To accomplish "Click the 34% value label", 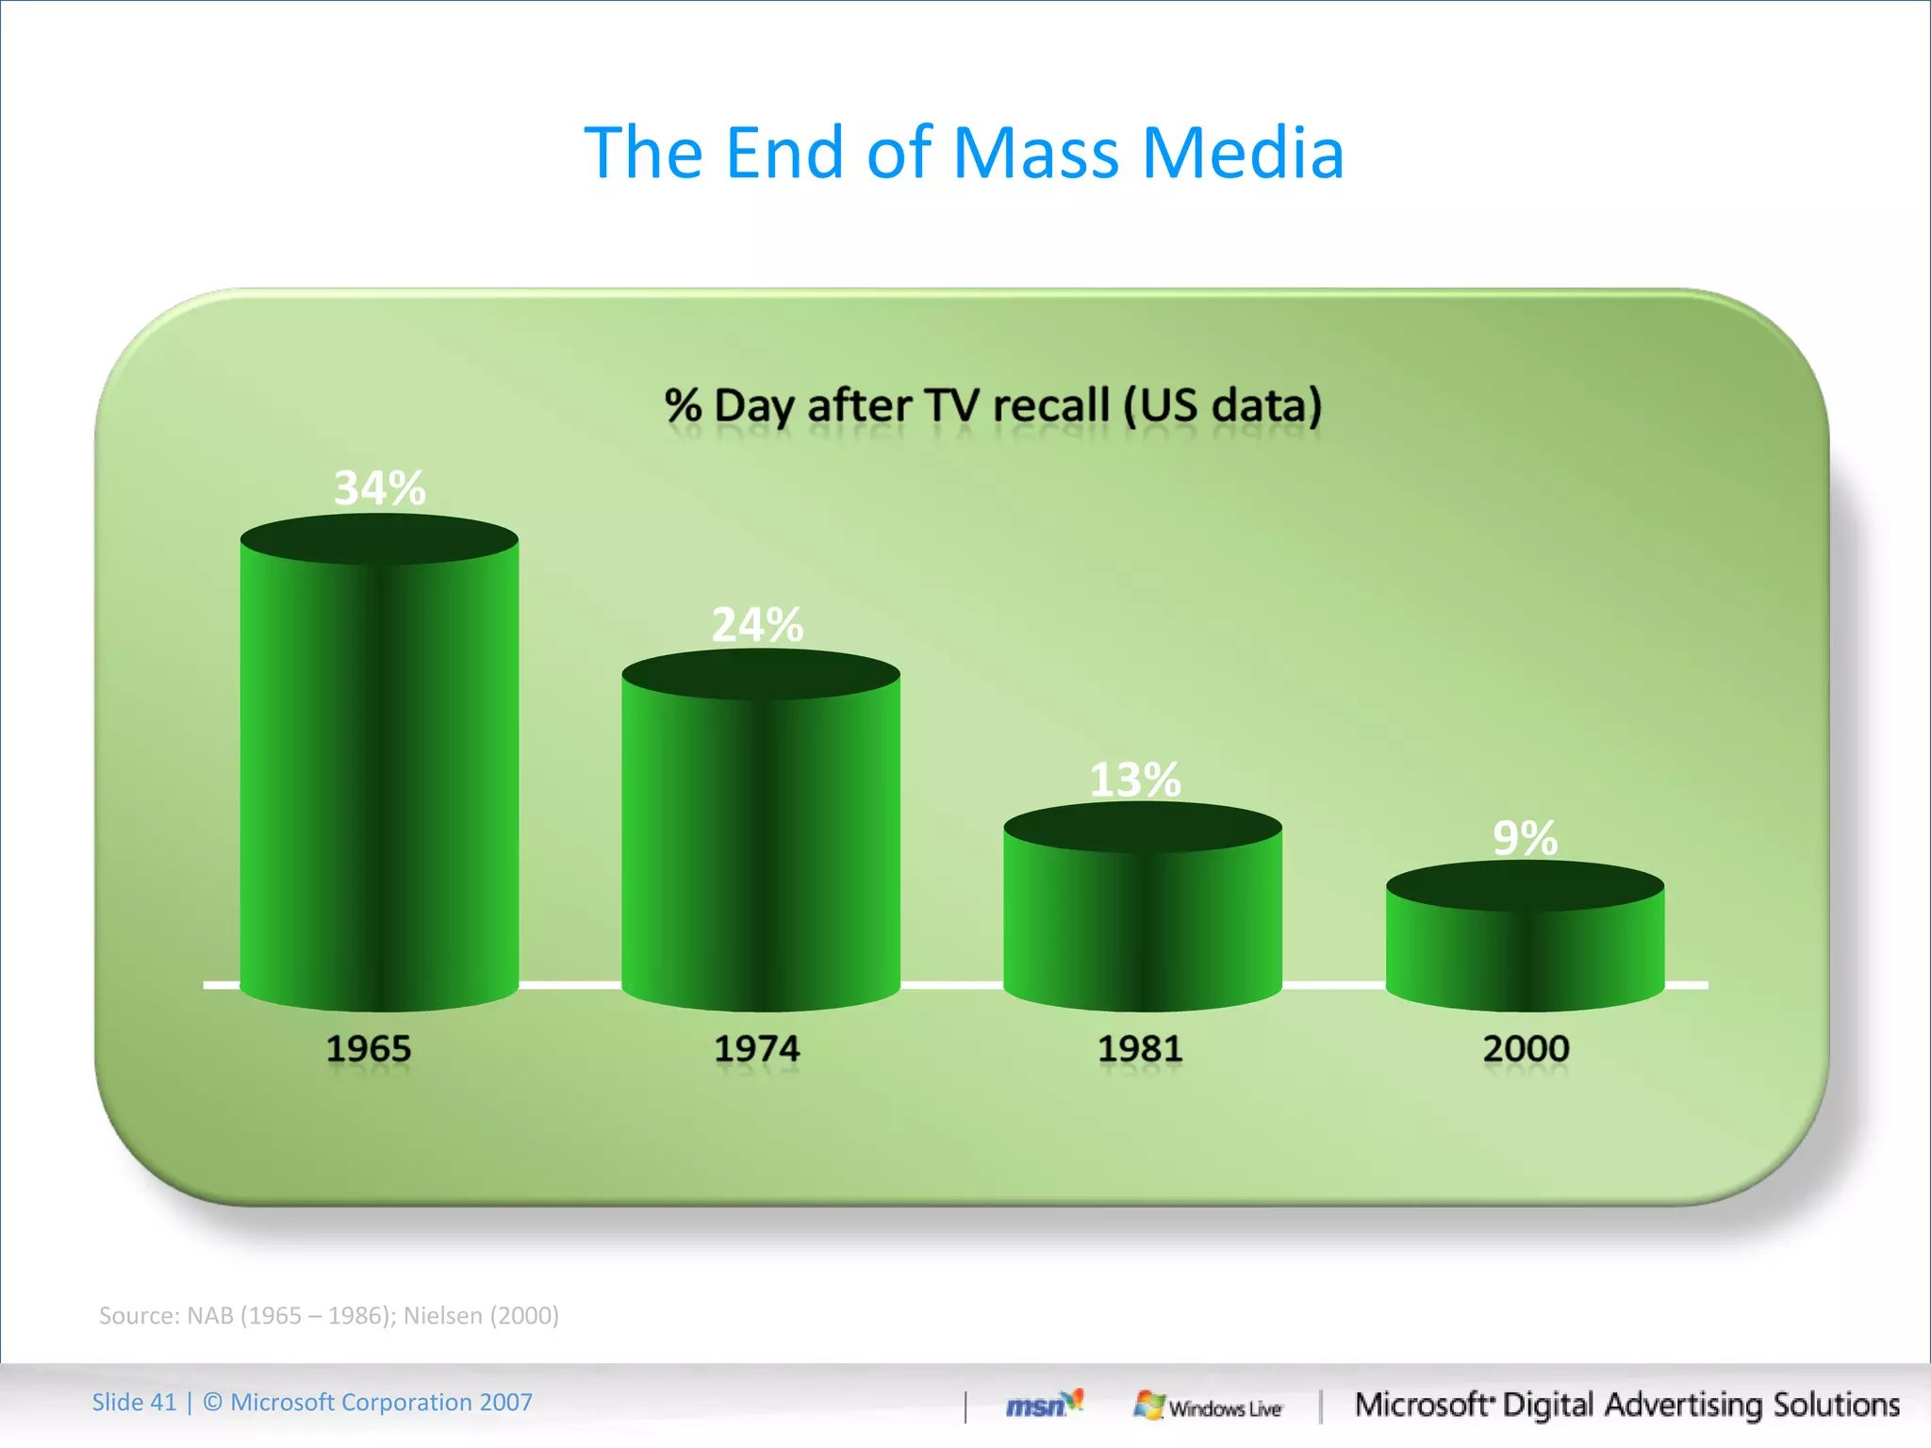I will pyautogui.click(x=380, y=488).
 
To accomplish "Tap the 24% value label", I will pyautogui.click(x=757, y=624).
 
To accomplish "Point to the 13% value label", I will pyautogui.click(x=1135, y=780).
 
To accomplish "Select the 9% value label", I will pyautogui.click(x=1525, y=838).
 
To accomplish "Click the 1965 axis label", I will pyautogui.click(x=369, y=1049).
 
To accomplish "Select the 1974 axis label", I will pyautogui.click(x=756, y=1049).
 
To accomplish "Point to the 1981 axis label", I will pyautogui.click(x=1139, y=1049).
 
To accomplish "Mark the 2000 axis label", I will pyautogui.click(x=1526, y=1049).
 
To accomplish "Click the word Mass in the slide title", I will pyautogui.click(x=1036, y=153).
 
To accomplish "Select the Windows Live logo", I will pyautogui.click(x=1208, y=1407).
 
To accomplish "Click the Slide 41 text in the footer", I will pyautogui.click(x=134, y=1403).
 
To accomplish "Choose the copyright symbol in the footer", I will pyautogui.click(x=213, y=1403).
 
